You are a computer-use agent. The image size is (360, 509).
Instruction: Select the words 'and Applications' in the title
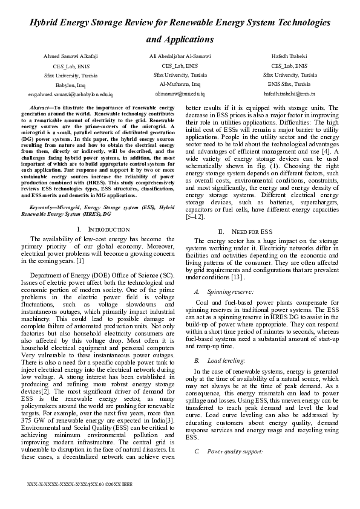(180, 40)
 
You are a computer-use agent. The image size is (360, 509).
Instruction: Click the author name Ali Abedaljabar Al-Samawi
(180, 56)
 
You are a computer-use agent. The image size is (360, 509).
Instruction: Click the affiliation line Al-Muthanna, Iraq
(180, 85)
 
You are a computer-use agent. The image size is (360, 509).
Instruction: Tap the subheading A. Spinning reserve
(218, 292)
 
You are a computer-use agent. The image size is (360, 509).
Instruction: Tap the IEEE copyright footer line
(76, 485)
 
